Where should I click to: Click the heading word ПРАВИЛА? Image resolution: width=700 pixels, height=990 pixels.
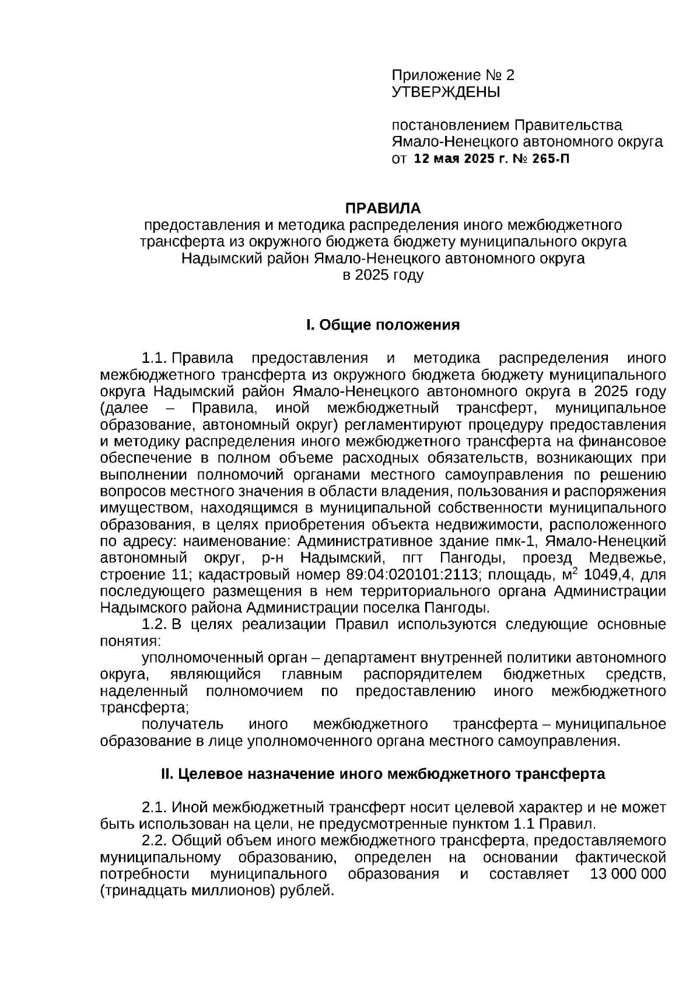tap(383, 208)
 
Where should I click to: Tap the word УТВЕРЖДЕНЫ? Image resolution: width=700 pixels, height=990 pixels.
tap(446, 92)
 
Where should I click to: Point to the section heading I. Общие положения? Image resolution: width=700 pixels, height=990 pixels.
tap(383, 325)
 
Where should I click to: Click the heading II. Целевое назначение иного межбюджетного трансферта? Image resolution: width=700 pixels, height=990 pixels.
tap(383, 774)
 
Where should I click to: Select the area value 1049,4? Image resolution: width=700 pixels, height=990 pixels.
tap(605, 575)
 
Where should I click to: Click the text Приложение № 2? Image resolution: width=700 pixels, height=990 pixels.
tap(453, 75)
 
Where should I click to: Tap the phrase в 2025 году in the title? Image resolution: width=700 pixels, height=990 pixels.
tap(383, 275)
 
